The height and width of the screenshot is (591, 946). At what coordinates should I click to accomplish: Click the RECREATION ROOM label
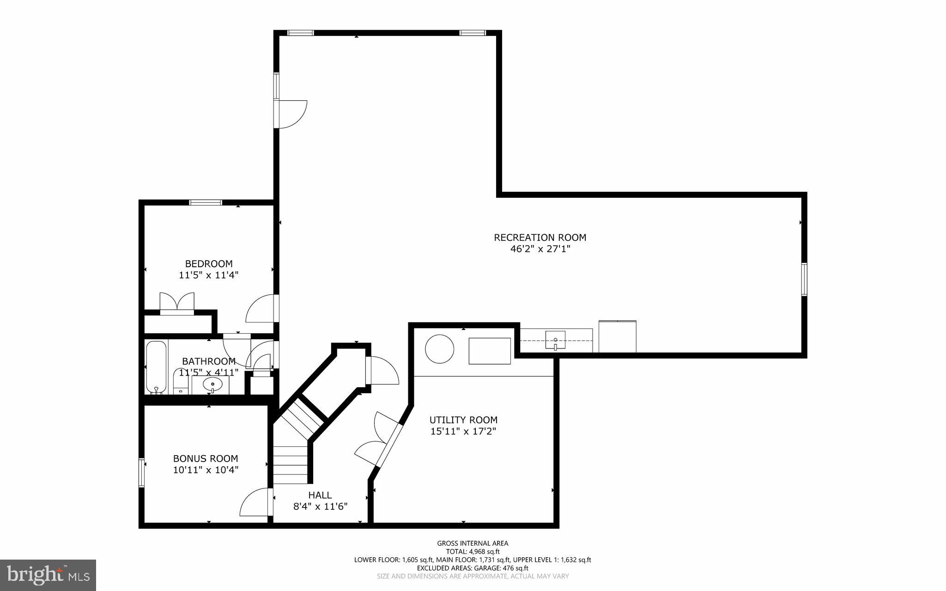pos(540,238)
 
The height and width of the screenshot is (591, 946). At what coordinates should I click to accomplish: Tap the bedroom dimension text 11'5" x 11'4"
pos(209,275)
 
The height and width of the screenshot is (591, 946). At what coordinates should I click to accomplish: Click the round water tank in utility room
pos(439,349)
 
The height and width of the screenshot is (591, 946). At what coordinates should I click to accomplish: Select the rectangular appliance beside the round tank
pos(490,351)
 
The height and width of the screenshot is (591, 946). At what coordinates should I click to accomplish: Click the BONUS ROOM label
pos(206,458)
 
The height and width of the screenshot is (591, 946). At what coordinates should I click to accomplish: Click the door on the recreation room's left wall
pos(291,114)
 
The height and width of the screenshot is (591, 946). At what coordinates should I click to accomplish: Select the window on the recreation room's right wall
pos(804,279)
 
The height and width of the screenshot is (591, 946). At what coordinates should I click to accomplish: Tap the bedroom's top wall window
pos(206,202)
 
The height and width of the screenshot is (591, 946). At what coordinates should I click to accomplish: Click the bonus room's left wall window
pos(142,472)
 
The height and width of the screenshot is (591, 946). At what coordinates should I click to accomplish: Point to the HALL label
pos(320,495)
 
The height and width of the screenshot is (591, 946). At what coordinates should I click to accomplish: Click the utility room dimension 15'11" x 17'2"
pos(463,432)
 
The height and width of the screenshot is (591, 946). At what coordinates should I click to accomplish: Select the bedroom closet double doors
pos(177,303)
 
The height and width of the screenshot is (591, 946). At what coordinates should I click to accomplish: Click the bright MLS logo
pos(48,575)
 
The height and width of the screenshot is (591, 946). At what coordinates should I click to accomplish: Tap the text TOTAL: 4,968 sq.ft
pos(473,552)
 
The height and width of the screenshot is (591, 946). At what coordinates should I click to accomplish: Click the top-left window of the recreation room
pos(301,33)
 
